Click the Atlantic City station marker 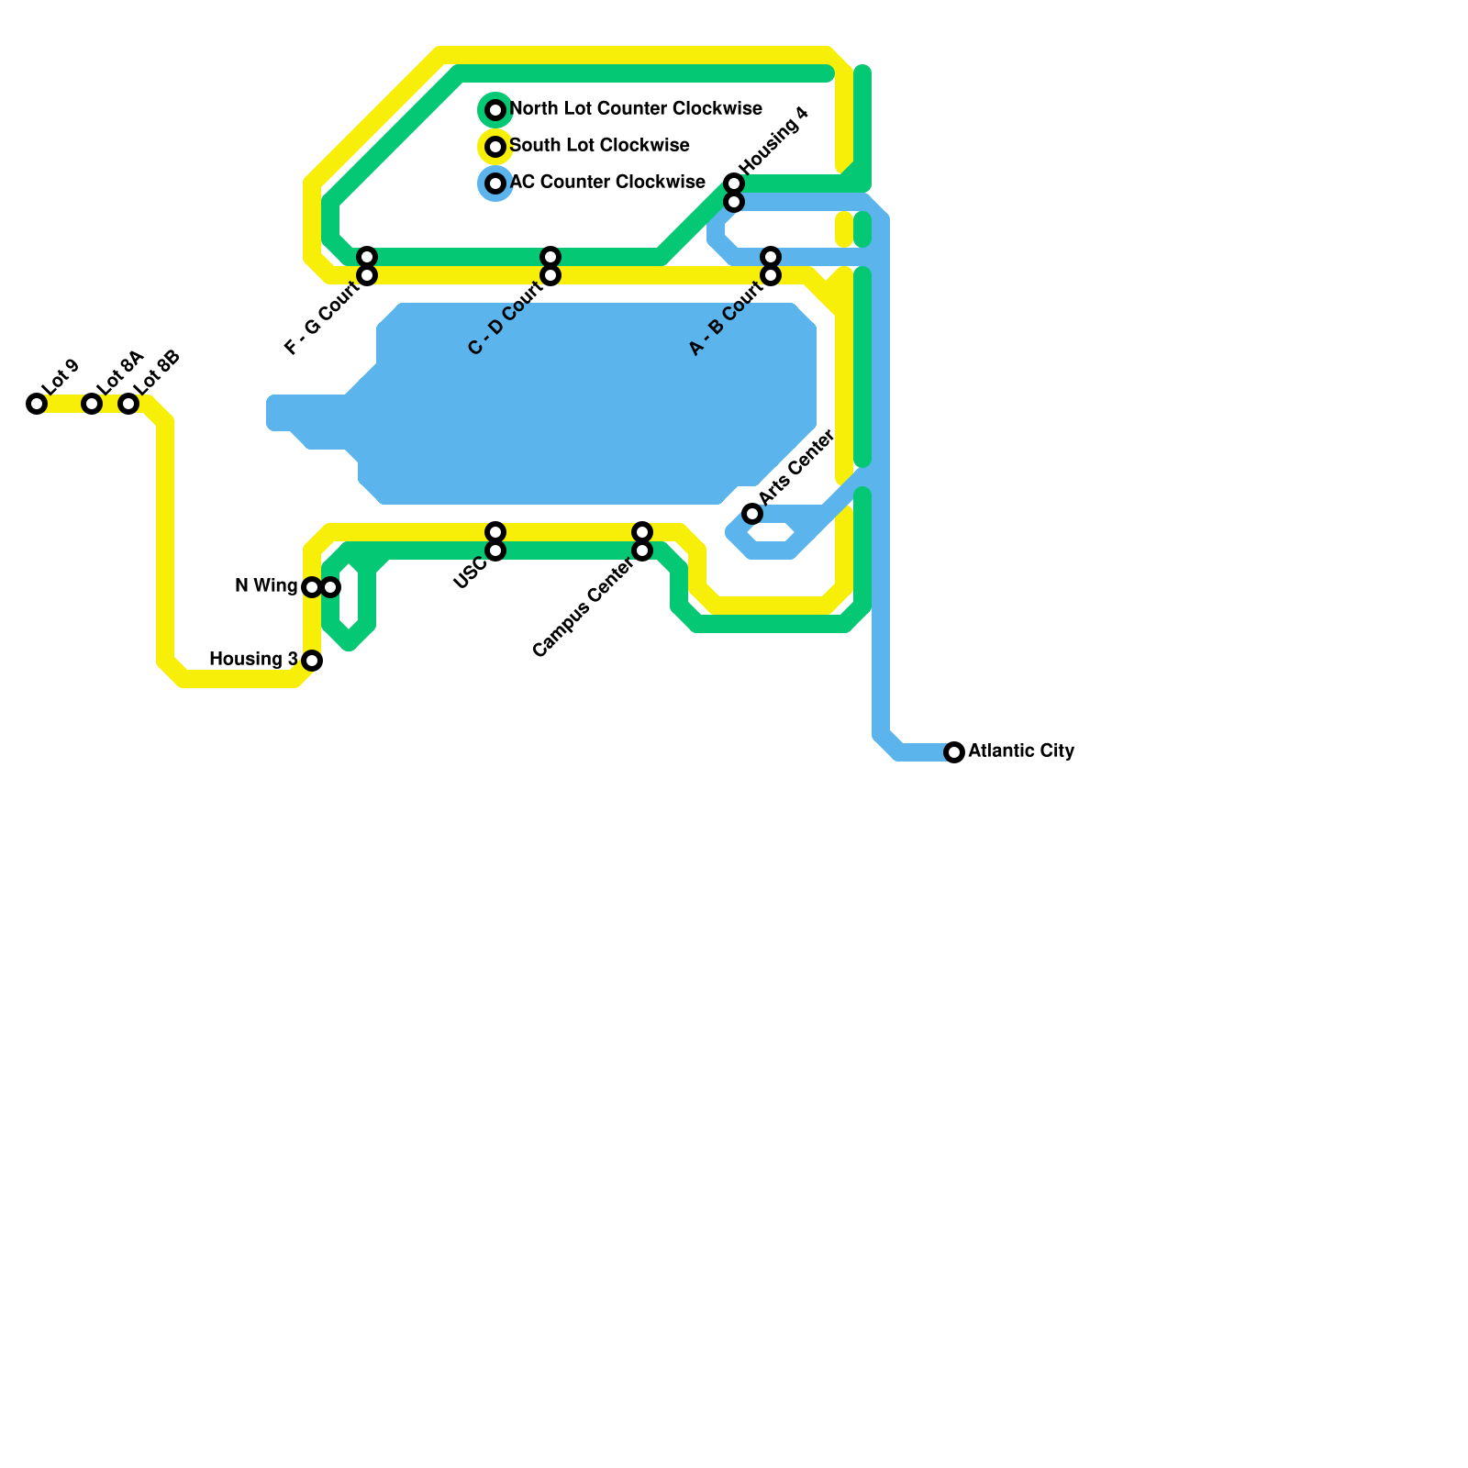954,752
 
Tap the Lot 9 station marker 37,404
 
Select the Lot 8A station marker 92,404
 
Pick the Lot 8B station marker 128,404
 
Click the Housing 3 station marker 312,661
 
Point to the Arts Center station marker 752,514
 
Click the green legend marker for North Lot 495,110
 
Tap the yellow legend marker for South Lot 495,147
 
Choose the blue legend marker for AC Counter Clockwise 495,183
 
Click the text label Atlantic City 1020,751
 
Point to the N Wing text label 266,586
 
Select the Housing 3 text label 253,660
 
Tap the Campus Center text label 583,608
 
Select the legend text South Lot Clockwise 599,146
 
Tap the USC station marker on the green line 495,550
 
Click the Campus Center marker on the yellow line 642,532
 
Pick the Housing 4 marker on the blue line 734,202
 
